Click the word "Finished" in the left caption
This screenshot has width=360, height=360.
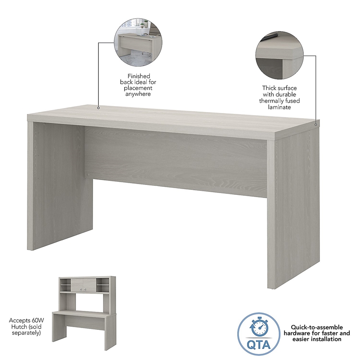[x=139, y=76]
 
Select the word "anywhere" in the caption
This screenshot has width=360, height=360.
[x=139, y=94]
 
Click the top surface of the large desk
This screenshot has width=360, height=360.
[x=171, y=118]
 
